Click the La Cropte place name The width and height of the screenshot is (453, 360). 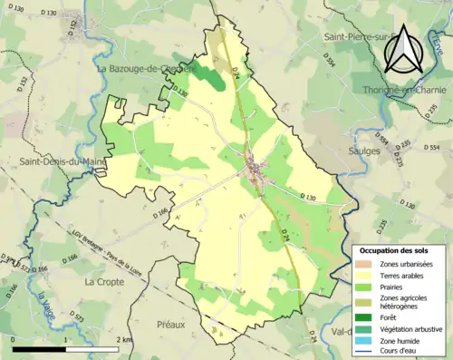click(x=103, y=282)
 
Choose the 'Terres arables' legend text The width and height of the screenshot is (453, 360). click(x=405, y=275)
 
